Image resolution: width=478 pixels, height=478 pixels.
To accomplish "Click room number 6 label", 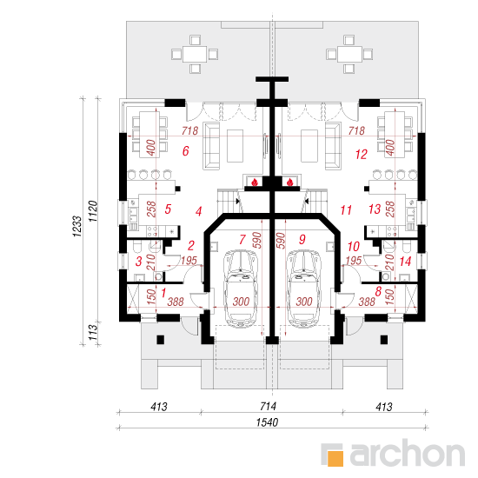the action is point(186,151).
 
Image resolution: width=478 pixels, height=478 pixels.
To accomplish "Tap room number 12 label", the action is point(362,155).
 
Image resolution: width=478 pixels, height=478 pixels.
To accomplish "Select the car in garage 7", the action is point(241,289).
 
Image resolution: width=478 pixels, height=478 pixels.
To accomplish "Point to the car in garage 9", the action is point(303,289).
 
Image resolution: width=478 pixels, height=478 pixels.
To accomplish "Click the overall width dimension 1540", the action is point(267,422).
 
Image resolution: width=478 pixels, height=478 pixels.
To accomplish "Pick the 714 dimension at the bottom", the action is point(269,407).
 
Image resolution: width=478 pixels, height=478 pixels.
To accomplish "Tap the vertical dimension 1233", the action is point(76,227).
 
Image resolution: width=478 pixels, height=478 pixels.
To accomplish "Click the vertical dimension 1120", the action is point(92,211).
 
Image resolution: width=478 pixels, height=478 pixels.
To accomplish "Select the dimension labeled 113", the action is point(92,332).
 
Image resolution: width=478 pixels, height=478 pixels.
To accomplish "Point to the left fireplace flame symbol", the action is point(255,183).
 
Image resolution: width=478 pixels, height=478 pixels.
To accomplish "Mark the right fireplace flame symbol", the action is point(289,183).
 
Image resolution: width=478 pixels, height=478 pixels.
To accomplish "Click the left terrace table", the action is point(195,55).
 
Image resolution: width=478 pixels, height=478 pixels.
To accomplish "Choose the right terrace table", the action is point(349,55).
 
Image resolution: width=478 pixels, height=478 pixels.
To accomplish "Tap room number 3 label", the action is point(139,262).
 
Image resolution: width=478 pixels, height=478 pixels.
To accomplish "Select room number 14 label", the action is point(405,262).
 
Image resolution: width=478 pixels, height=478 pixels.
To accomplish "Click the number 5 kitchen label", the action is point(168,209).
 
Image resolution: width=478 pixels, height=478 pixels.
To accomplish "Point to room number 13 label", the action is point(375,209).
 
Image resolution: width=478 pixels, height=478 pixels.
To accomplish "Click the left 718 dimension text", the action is point(189,130).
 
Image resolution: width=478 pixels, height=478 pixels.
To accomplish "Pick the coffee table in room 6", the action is point(235,146).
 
